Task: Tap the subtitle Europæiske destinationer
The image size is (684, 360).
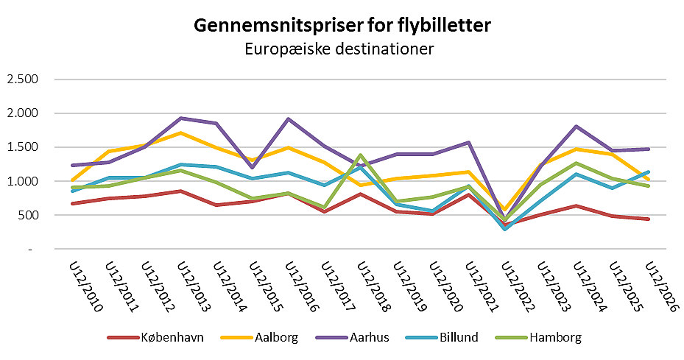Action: click(x=342, y=50)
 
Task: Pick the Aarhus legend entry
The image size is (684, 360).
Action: click(x=363, y=338)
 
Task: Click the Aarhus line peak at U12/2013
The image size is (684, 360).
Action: click(x=182, y=118)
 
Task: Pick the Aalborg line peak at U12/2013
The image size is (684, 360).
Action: click(x=182, y=133)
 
